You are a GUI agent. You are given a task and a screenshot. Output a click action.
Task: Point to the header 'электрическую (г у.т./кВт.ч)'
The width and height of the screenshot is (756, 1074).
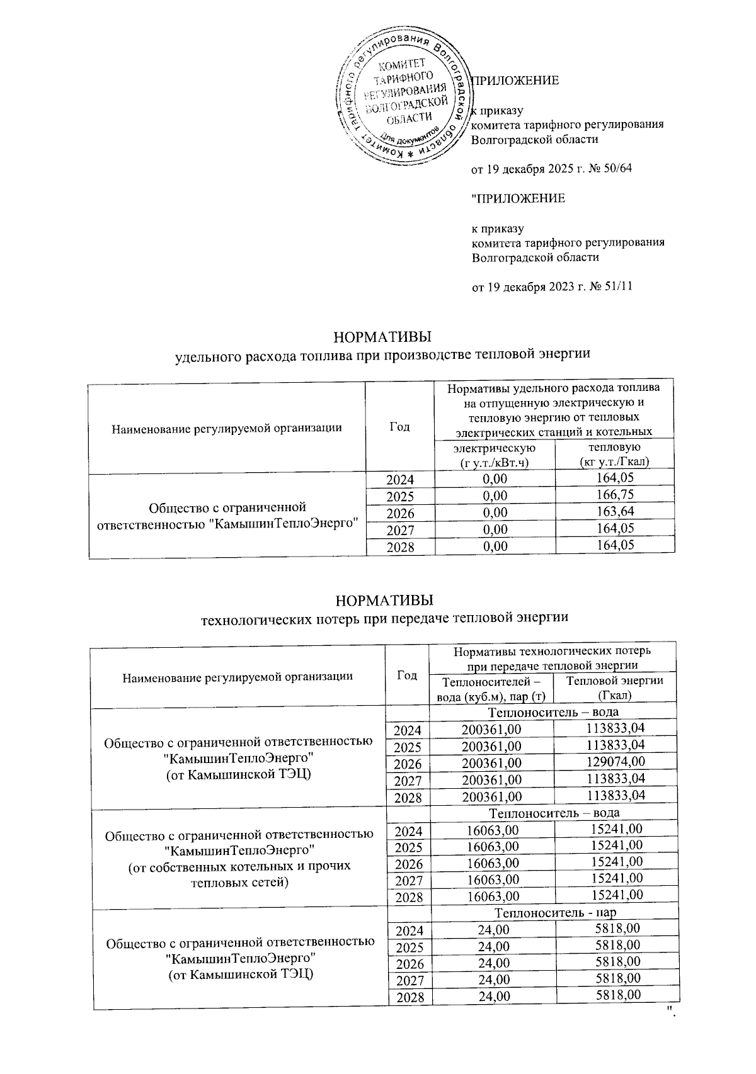click(x=494, y=455)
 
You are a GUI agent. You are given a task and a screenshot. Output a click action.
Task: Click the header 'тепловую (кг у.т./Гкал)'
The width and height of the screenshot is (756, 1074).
click(x=614, y=455)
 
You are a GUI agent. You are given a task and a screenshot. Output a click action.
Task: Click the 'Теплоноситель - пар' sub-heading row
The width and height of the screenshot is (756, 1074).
click(x=553, y=912)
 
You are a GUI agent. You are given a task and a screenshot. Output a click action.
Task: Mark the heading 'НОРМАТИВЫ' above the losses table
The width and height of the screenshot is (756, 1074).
click(x=384, y=598)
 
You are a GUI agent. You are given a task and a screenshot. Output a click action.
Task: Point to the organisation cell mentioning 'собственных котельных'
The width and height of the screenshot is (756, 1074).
click(x=239, y=858)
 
